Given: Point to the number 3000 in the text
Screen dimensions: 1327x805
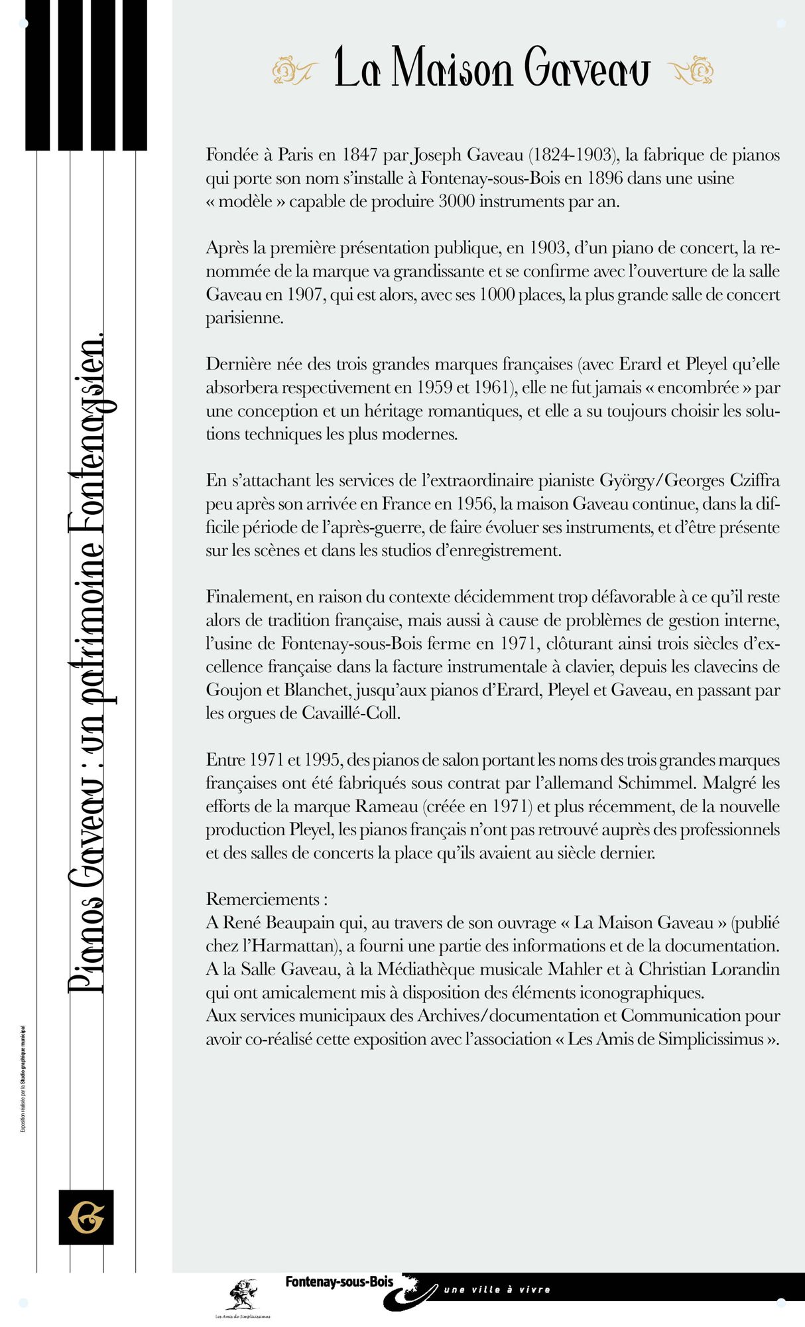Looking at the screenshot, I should pyautogui.click(x=456, y=202).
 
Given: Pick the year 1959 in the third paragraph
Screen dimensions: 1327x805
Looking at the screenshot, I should pyautogui.click(x=438, y=387).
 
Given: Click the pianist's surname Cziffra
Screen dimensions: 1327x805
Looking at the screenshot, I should pyautogui.click(x=754, y=480).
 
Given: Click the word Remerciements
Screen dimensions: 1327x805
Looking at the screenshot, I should pyautogui.click(x=263, y=899).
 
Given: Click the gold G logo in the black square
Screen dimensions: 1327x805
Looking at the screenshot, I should pyautogui.click(x=86, y=1217).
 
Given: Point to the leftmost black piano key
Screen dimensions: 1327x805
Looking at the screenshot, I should pyautogui.click(x=38, y=80).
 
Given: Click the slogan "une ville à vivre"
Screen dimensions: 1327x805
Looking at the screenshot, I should pyautogui.click(x=497, y=1290).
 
